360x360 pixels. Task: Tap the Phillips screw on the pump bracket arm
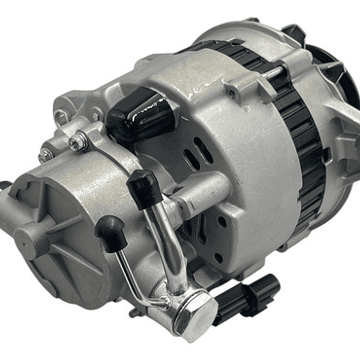point(78,143)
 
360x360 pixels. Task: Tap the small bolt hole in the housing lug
point(231,94)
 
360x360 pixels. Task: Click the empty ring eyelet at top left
point(61,118)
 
